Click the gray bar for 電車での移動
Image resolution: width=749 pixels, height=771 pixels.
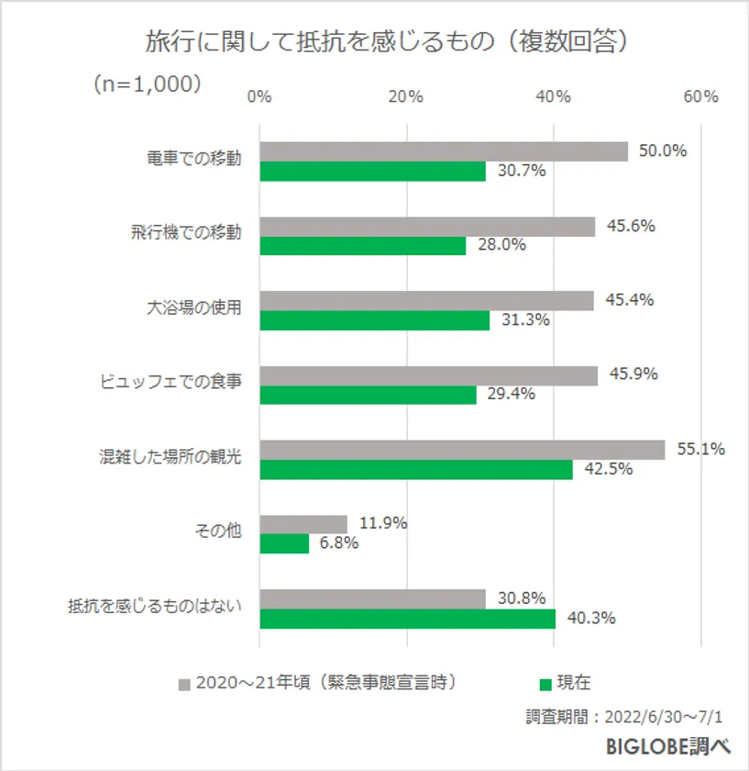[x=444, y=151]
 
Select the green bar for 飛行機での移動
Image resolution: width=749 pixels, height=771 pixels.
[x=363, y=246]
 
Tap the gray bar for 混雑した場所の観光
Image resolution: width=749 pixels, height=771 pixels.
[x=462, y=450]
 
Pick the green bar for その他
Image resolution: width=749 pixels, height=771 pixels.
[x=284, y=543]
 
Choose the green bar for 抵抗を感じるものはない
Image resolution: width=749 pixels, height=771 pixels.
[x=407, y=619]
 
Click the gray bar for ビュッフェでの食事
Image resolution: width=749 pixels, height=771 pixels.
[x=428, y=375]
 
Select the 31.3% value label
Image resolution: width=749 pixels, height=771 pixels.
[x=524, y=320]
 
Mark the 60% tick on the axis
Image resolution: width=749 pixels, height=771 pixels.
[x=701, y=97]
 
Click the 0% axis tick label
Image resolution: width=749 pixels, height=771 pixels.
[x=260, y=97]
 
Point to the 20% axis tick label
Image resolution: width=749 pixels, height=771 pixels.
[x=406, y=97]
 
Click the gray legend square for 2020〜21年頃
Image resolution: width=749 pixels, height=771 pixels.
[x=183, y=685]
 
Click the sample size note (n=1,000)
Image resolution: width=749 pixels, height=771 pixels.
[x=146, y=84]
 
